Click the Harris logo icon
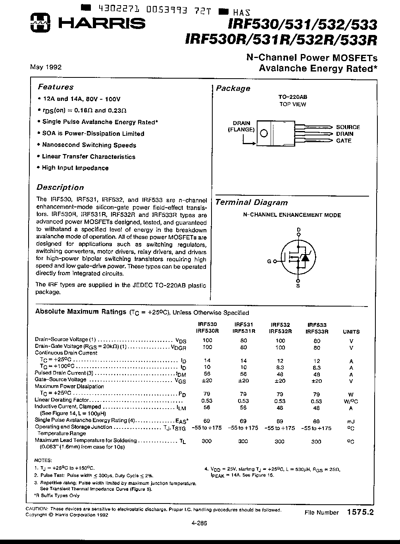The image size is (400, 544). [x=40, y=23]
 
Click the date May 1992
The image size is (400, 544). [x=46, y=67]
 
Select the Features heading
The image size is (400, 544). [x=56, y=87]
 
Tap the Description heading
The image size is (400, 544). [x=60, y=187]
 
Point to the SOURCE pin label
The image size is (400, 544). [x=348, y=127]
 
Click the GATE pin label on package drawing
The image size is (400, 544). [x=344, y=141]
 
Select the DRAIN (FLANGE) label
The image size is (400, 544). [x=241, y=126]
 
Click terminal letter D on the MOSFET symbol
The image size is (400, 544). [x=299, y=230]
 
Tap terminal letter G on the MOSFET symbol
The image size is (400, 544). [x=269, y=261]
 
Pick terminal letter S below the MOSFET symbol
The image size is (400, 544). [x=298, y=286]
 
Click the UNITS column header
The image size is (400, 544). [x=351, y=332]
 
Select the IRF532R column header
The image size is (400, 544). [x=280, y=331]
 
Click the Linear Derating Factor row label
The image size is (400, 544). [x=62, y=400]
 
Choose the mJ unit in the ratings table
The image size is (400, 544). [x=351, y=421]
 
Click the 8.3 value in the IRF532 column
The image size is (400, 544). [x=280, y=368]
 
